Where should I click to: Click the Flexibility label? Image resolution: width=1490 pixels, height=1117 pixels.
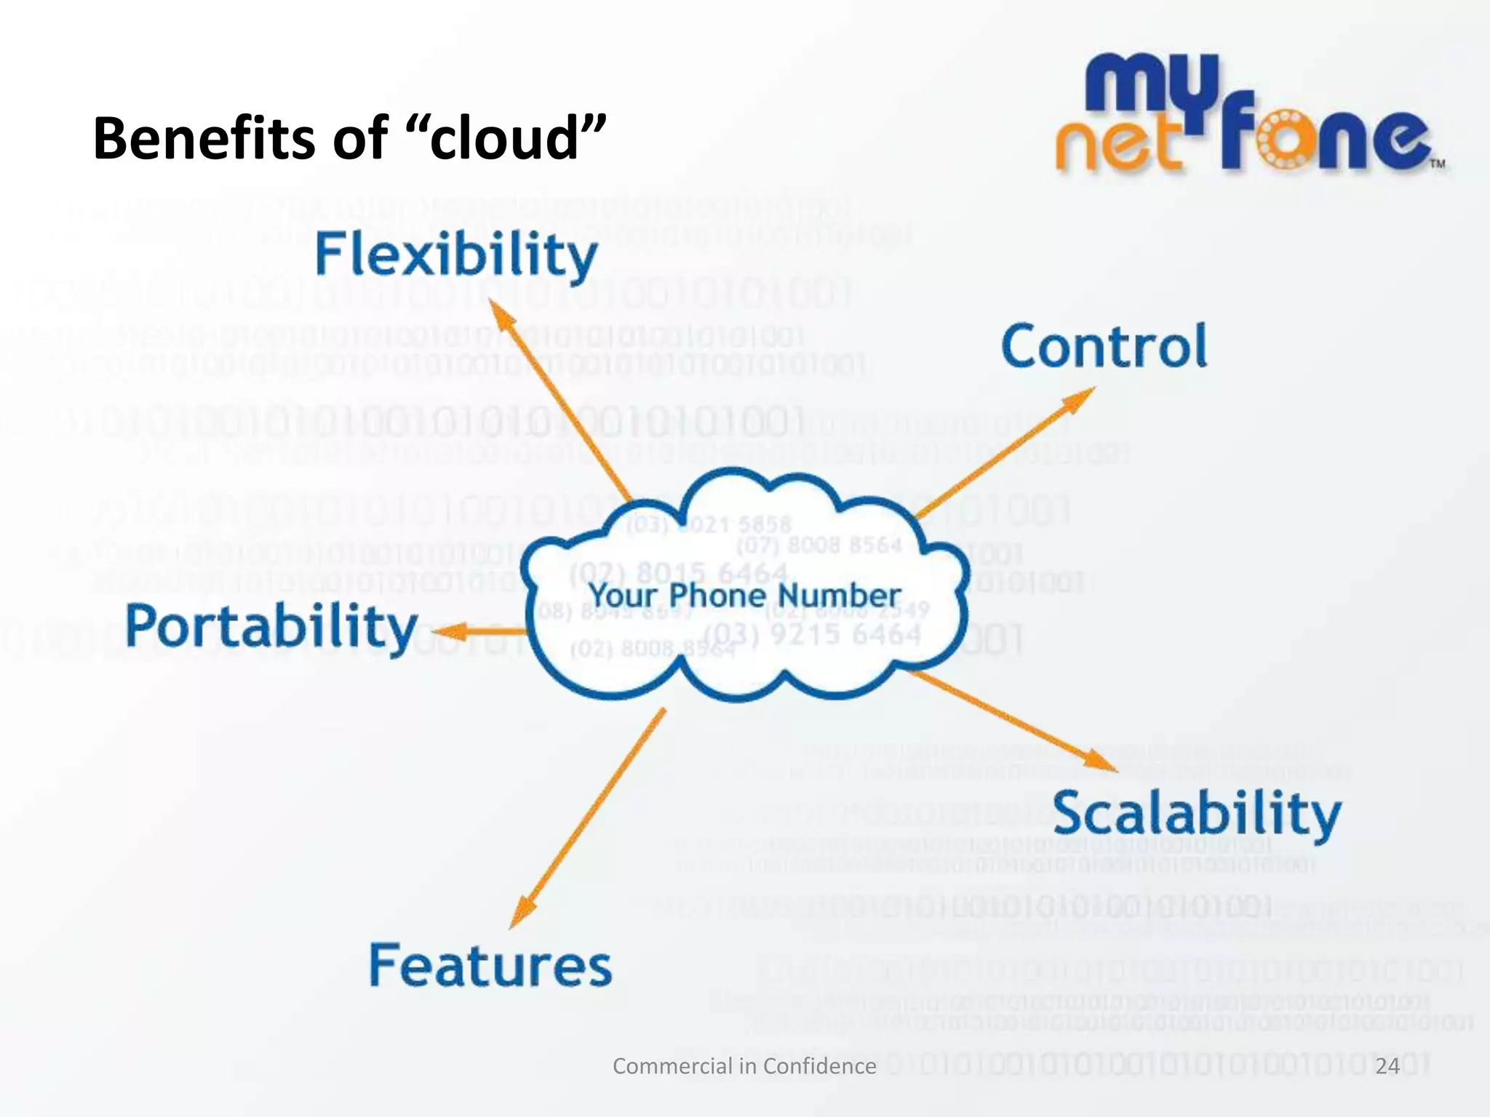point(456,256)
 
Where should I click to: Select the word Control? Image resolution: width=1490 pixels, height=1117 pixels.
point(1104,346)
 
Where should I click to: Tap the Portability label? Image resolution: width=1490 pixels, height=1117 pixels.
point(271,627)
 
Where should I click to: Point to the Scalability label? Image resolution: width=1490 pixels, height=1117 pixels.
point(1197,814)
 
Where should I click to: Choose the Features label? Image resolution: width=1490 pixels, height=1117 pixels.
point(490,966)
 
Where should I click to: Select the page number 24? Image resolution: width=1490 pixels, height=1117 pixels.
point(1388,1066)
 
